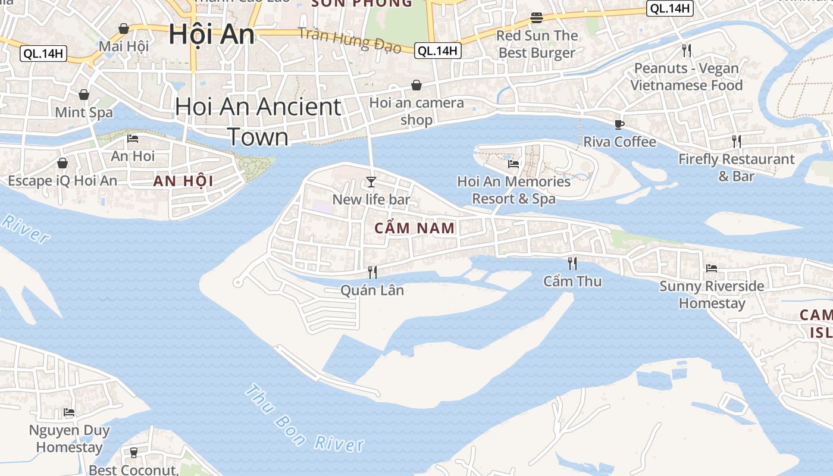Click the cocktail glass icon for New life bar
pos(371,181)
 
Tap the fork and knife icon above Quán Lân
pos(372,273)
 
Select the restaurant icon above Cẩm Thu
pos(572,263)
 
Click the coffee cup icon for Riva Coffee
pos(619,124)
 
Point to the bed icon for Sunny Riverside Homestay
pos(711,268)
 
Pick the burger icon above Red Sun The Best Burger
pos(537,18)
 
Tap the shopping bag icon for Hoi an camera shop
pos(416,86)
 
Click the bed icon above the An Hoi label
pos(133,139)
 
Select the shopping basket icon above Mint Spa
pos(84,95)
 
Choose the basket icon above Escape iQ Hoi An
pos(62,163)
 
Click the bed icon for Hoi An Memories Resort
pos(513,164)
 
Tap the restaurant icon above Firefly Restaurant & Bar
pos(737,142)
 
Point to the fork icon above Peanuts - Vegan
pos(687,50)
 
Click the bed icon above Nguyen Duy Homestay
pos(69,412)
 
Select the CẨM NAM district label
pos(415,228)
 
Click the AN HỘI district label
pos(183,181)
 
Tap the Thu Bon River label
pos(303,419)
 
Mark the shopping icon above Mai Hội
pos(124,29)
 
